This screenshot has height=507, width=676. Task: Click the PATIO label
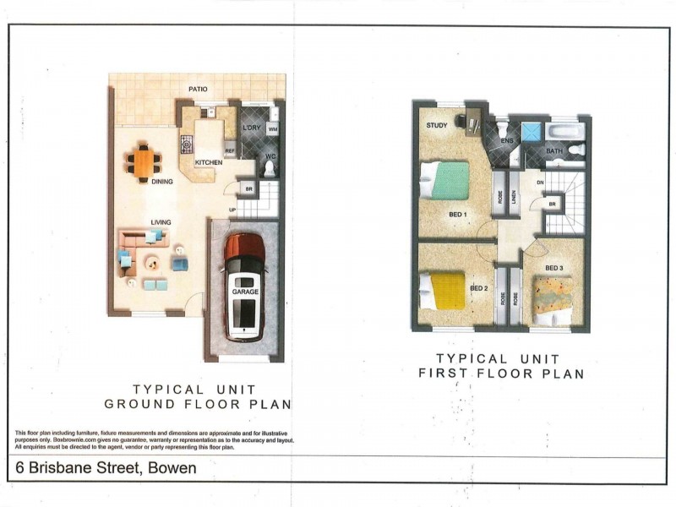199,89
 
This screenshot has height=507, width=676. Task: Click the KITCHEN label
209,162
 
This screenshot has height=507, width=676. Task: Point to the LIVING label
161,222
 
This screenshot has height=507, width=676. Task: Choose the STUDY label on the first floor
437,126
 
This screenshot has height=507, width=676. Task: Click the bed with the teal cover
447,180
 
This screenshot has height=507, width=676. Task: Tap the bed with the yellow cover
444,290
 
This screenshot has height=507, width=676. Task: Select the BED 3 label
554,269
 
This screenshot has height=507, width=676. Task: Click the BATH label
554,152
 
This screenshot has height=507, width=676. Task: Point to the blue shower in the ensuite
531,130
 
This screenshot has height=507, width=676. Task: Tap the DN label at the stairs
538,183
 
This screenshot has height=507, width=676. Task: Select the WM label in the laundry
272,128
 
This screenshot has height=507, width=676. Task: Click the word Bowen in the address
172,468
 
